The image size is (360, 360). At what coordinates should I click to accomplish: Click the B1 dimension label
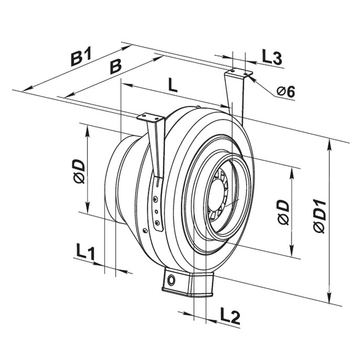(x=81, y=56)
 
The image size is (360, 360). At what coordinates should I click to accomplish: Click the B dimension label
(x=115, y=67)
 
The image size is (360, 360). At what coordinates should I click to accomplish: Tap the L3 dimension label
(x=272, y=58)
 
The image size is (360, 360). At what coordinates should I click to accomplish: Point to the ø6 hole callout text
(x=286, y=92)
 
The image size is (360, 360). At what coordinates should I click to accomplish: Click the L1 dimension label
(x=85, y=253)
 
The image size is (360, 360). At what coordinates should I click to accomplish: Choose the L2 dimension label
(x=230, y=317)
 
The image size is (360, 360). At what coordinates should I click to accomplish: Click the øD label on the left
(x=79, y=172)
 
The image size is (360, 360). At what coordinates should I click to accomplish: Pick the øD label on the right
(x=283, y=212)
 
